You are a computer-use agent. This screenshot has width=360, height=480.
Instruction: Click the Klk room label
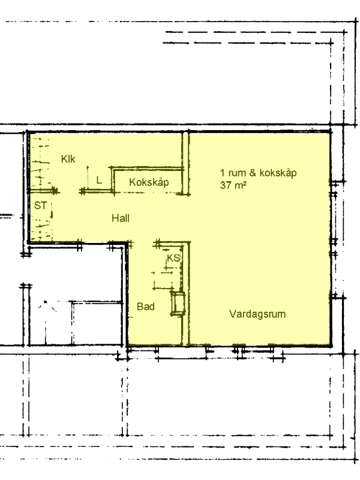click(x=68, y=159)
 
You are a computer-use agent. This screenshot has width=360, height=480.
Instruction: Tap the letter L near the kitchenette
click(x=99, y=180)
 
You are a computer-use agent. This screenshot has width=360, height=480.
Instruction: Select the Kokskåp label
click(x=149, y=182)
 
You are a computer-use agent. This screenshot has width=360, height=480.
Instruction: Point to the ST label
click(x=40, y=205)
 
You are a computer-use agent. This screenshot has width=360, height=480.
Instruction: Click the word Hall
click(x=121, y=218)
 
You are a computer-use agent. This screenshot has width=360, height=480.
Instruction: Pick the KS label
click(x=173, y=258)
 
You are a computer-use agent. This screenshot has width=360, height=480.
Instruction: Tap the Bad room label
click(x=145, y=307)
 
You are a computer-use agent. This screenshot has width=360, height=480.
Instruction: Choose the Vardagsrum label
click(x=257, y=314)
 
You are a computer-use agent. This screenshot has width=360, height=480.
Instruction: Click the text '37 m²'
click(x=233, y=185)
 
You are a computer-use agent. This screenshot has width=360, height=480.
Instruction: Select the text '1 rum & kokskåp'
click(x=259, y=173)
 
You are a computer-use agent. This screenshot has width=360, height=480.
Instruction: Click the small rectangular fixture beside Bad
click(x=178, y=303)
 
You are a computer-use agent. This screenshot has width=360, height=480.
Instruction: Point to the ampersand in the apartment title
click(x=253, y=173)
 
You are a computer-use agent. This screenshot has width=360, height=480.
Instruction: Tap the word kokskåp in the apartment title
click(x=278, y=173)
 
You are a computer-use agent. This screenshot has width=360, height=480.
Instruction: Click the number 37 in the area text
click(x=225, y=185)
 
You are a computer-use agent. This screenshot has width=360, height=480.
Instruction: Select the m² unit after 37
click(x=240, y=185)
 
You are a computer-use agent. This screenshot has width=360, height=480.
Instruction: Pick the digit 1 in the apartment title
click(x=222, y=173)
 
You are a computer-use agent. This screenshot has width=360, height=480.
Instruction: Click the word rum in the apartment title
click(x=237, y=173)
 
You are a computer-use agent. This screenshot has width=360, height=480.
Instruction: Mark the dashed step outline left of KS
click(x=162, y=280)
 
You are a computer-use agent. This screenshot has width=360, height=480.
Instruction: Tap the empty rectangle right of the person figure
click(x=98, y=322)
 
